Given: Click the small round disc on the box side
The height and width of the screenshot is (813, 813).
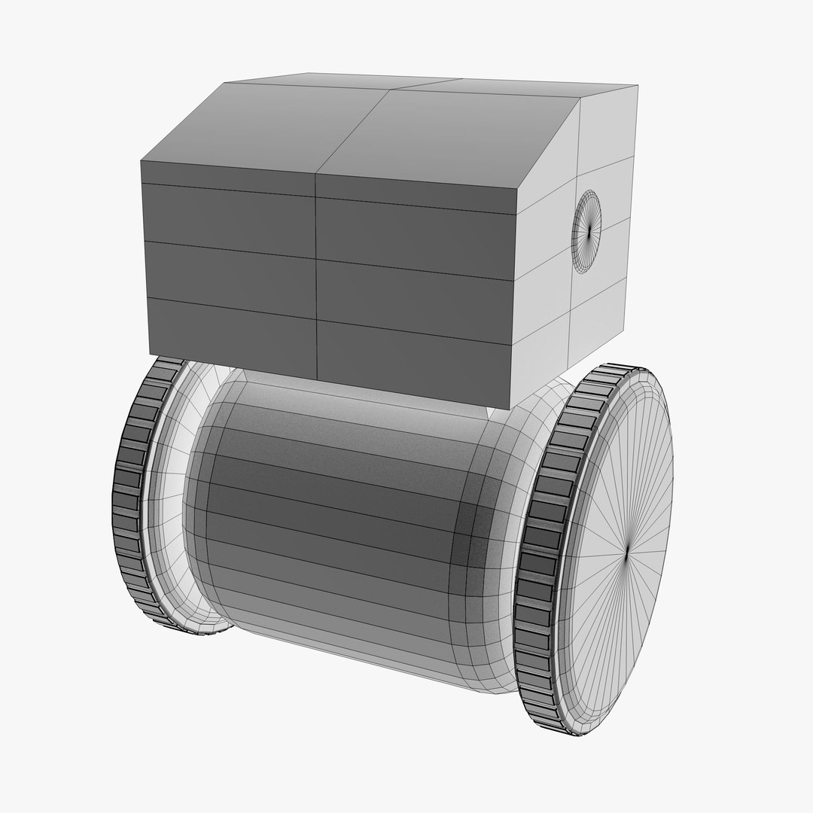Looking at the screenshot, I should pos(587,230).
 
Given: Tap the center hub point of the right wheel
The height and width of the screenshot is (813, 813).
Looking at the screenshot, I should pos(626,553).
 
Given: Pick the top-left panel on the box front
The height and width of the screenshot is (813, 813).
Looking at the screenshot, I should pos(228,213).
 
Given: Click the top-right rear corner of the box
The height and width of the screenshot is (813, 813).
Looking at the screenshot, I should pos(637,87).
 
